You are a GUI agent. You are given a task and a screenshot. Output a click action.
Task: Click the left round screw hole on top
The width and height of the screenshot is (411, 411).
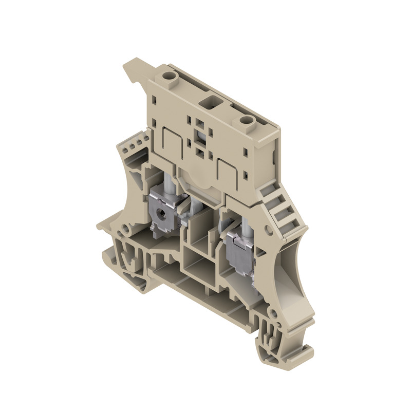(168, 78)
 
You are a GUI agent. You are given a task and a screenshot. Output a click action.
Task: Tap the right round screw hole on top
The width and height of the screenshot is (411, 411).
(246, 121)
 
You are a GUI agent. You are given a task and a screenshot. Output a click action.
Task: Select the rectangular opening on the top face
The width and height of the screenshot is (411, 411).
(211, 100)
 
